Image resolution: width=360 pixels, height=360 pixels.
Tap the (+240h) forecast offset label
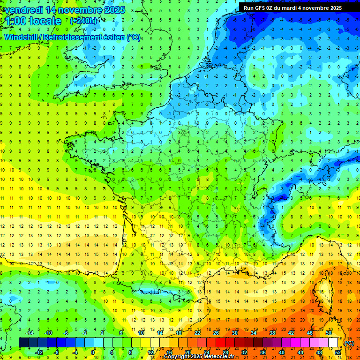click(84, 21)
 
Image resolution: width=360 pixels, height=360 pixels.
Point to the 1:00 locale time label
click(33, 21)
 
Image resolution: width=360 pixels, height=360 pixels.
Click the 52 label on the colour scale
click(337, 352)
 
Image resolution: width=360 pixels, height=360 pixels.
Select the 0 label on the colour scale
click(93, 352)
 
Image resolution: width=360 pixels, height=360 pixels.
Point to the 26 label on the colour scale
click(216, 333)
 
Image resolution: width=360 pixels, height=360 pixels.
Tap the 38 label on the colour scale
click(272, 333)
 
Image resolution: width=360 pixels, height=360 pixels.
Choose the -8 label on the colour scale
click(57, 352)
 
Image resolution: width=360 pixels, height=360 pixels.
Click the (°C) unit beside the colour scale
click(349, 343)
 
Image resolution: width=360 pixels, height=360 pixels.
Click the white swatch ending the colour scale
click(333, 343)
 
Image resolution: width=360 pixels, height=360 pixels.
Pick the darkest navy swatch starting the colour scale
click(23, 343)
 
